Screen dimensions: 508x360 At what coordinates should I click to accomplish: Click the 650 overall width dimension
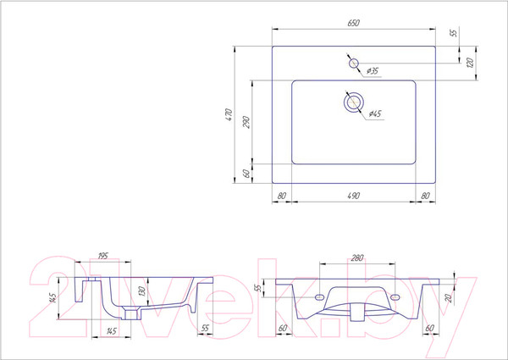(353, 23)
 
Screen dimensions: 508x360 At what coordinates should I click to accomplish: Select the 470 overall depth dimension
(229, 114)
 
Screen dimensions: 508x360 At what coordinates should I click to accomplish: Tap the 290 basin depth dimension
(246, 122)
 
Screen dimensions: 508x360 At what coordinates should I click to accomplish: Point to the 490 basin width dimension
(353, 196)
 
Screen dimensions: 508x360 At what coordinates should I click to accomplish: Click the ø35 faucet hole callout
(373, 70)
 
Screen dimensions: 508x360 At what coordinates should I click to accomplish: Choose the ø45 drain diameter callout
(375, 114)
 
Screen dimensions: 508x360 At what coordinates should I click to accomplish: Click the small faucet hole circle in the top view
(353, 64)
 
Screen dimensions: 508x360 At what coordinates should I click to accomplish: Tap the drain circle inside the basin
(353, 102)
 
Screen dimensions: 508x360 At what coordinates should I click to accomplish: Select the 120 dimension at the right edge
(471, 63)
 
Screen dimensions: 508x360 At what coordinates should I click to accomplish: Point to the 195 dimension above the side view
(102, 256)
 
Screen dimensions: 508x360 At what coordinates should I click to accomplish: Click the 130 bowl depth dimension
(141, 291)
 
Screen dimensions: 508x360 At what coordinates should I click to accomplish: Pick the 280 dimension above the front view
(357, 258)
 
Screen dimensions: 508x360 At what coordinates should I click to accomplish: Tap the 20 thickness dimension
(449, 298)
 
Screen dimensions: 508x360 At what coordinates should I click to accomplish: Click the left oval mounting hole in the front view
(320, 296)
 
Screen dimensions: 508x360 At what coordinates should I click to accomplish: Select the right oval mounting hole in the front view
(395, 296)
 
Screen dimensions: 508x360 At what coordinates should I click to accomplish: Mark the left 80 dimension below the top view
(282, 196)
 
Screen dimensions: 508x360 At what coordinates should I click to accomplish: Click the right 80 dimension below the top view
(425, 196)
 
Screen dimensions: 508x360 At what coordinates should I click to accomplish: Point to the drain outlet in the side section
(131, 314)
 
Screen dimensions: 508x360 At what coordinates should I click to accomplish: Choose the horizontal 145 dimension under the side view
(111, 331)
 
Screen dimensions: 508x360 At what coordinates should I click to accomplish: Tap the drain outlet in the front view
(357, 312)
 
